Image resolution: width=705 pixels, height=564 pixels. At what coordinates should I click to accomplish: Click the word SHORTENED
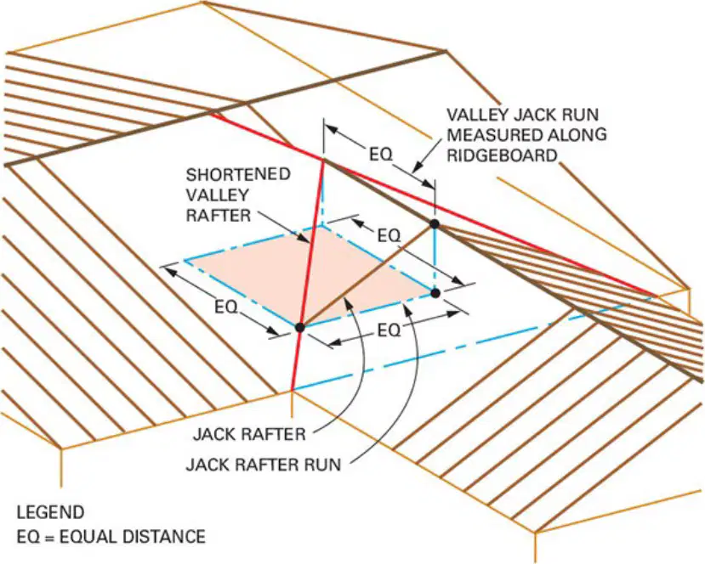coord(238,174)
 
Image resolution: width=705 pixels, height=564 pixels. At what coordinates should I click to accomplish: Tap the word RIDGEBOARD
coord(503,155)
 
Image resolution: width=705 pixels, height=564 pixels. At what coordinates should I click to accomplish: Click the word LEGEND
coord(50,512)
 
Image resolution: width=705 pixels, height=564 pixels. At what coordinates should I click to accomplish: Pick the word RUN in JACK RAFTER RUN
coord(322,465)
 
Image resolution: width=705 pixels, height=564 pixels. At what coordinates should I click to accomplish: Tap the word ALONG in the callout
coord(582,135)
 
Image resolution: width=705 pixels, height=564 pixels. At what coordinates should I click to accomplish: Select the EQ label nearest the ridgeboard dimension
coord(380,155)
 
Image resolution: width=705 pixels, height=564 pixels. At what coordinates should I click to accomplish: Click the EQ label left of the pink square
coord(225,307)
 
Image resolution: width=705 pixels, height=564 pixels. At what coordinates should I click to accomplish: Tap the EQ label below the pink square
coord(389,330)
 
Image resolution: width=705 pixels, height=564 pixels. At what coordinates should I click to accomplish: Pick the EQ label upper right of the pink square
coord(389,235)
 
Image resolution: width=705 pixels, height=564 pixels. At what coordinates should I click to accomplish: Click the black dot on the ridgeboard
coord(435,223)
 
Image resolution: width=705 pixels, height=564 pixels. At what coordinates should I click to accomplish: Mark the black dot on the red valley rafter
coord(300,327)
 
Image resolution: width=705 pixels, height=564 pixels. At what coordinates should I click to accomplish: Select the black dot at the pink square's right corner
coord(435,293)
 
